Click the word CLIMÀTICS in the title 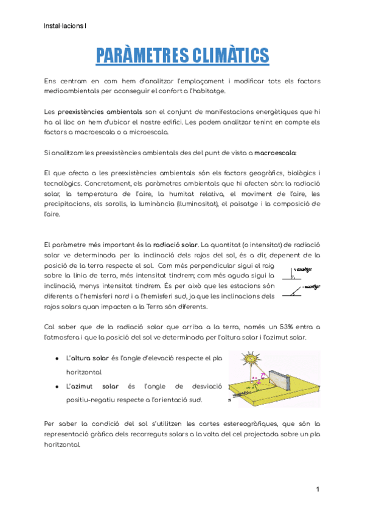[x=226, y=55]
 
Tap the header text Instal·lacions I [x=65, y=26]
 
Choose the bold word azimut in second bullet [x=83, y=386]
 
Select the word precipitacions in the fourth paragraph [x=65, y=204]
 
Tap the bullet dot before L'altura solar [x=57, y=358]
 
